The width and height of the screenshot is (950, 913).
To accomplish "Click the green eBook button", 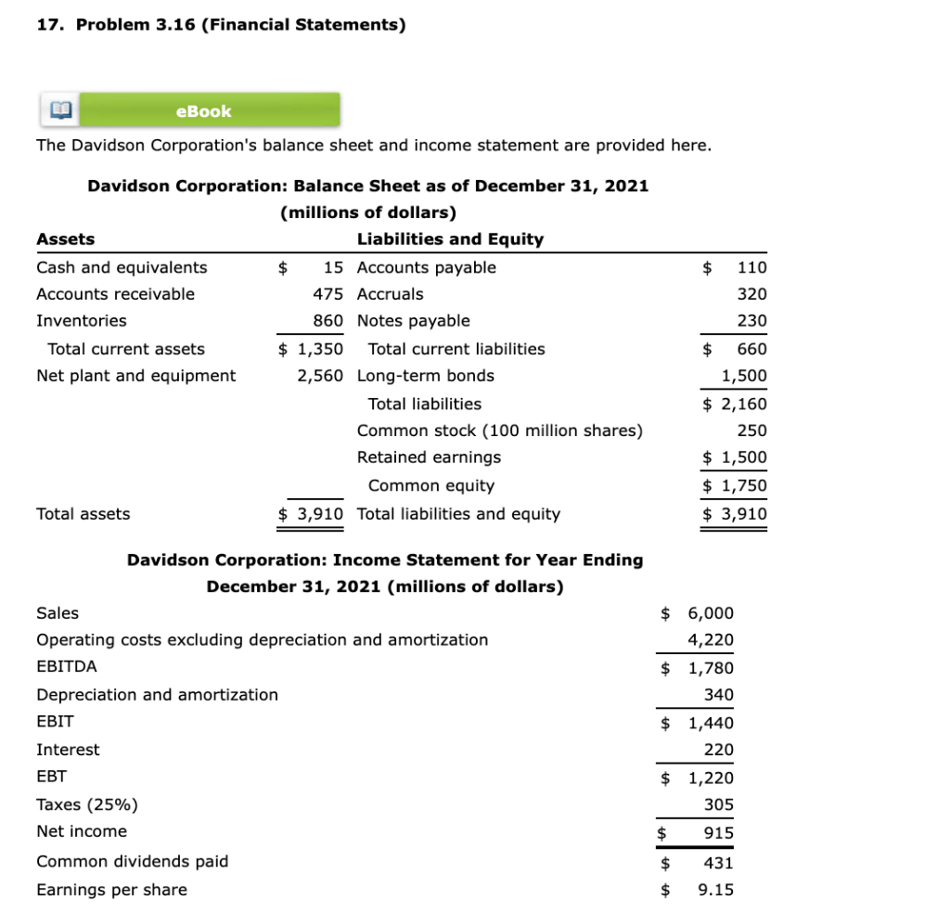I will tap(203, 111).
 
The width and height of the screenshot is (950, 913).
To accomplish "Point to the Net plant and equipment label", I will tap(135, 376).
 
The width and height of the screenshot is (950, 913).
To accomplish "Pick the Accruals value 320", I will tap(751, 294).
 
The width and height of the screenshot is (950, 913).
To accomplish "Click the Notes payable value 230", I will tap(751, 321).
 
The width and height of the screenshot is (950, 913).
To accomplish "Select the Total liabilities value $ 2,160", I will tap(735, 404).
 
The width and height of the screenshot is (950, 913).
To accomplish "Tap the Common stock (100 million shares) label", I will tap(499, 431).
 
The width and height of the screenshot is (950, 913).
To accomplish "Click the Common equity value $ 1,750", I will tap(735, 485).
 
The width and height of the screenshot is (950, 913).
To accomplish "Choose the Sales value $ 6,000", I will tap(697, 613).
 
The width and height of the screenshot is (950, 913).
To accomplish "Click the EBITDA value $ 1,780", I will tap(697, 668).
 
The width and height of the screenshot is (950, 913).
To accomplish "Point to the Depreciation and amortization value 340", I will tap(718, 695).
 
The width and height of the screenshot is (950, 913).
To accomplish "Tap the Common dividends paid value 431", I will tap(718, 863).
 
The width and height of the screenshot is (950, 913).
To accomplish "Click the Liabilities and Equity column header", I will tap(450, 239).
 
